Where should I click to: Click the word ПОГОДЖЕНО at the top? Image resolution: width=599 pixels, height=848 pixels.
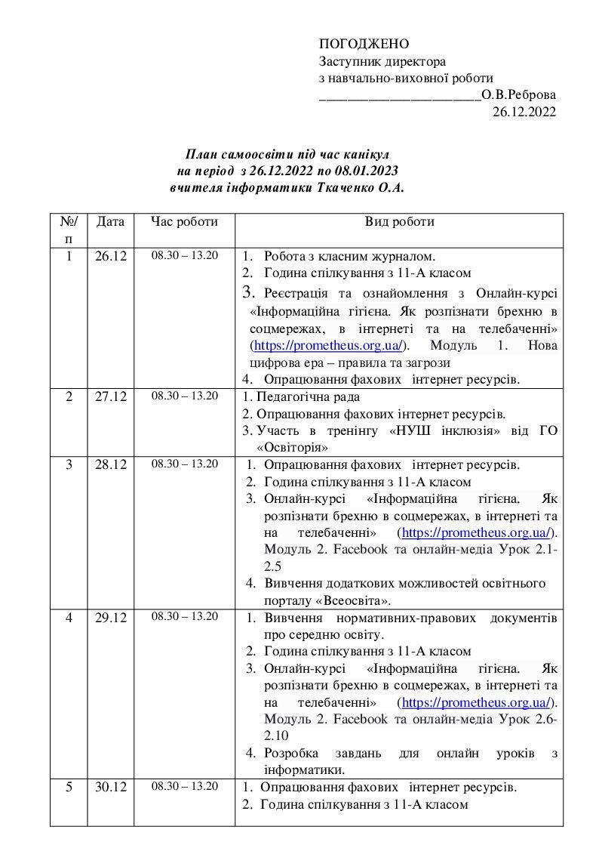pyautogui.click(x=364, y=44)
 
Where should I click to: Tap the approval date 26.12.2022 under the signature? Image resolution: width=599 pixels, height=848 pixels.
pyautogui.click(x=524, y=113)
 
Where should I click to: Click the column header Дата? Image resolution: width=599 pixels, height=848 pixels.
pyautogui.click(x=111, y=222)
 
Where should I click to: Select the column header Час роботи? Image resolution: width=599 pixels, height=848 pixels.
pyautogui.click(x=184, y=222)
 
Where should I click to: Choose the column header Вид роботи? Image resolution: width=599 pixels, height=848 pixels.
pyautogui.click(x=399, y=222)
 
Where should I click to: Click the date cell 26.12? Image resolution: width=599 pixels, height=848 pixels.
pyautogui.click(x=111, y=256)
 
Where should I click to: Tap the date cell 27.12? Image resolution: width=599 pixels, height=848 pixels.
pyautogui.click(x=111, y=397)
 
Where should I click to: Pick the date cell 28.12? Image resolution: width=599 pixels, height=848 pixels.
pyautogui.click(x=111, y=464)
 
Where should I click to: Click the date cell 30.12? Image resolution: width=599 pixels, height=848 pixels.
pyautogui.click(x=111, y=788)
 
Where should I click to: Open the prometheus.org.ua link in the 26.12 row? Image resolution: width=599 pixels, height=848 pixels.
pyautogui.click(x=328, y=346)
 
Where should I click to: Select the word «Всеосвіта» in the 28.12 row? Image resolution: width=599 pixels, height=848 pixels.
pyautogui.click(x=353, y=600)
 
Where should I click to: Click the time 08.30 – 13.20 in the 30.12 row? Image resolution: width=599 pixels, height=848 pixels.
pyautogui.click(x=184, y=787)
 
